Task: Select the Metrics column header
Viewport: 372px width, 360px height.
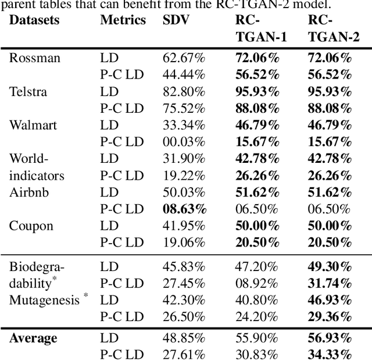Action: coord(123,20)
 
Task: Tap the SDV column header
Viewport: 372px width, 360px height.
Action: coord(176,20)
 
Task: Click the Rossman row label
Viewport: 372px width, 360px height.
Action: coord(35,58)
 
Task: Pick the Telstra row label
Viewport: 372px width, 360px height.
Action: coord(28,91)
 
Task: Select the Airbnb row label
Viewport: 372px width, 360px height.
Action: coord(28,192)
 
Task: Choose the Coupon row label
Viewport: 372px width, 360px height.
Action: coord(31,226)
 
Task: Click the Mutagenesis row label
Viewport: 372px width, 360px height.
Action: coord(44,300)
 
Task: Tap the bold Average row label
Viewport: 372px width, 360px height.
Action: coord(33,338)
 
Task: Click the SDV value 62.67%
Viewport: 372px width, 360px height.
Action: coord(184,58)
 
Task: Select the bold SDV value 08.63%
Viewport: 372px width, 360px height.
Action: coord(184,209)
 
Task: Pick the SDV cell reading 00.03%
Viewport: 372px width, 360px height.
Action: coord(184,141)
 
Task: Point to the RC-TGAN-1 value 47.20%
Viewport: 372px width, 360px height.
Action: coord(256,266)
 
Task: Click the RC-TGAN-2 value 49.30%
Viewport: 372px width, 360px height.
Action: coord(330,266)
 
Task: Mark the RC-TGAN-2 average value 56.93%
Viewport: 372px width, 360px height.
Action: coord(330,338)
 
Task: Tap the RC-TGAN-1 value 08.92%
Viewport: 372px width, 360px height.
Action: coord(256,283)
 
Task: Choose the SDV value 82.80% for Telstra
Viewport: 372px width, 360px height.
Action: coord(184,91)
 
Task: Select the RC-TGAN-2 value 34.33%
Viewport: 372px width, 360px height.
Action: coord(330,355)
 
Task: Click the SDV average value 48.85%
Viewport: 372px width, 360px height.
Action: coord(184,338)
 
